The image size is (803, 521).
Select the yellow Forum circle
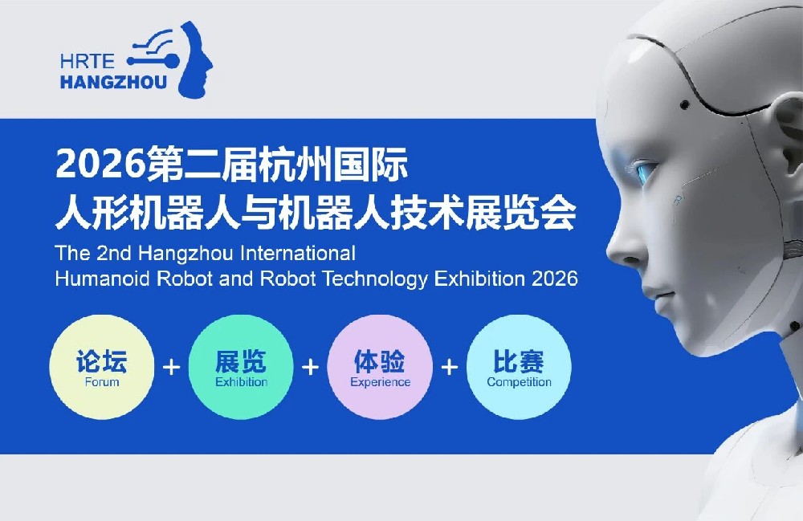[102, 367]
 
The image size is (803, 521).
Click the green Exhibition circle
[241, 367]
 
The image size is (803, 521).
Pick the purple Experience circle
[380, 367]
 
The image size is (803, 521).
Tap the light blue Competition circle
[519, 367]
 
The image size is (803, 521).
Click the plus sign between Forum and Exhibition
[171, 367]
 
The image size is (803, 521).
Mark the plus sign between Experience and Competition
[450, 367]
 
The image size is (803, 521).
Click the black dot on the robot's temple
[683, 104]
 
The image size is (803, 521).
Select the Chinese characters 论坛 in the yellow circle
[102, 360]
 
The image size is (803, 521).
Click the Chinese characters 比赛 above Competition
[519, 360]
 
